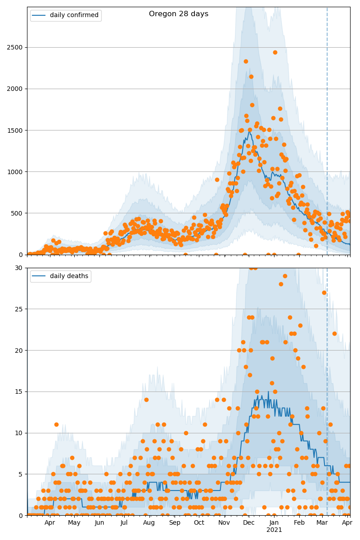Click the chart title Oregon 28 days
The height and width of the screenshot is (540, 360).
tap(179, 14)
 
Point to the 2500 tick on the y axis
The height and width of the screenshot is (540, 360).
tap(16, 47)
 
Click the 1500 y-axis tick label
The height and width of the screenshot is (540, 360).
tap(16, 130)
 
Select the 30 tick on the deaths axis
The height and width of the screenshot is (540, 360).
tap(19, 268)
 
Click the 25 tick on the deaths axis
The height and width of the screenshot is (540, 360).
tap(19, 309)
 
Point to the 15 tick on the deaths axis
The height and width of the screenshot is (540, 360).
tap(19, 391)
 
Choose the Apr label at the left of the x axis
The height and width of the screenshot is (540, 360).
tap(49, 523)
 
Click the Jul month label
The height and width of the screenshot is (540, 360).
tap(124, 523)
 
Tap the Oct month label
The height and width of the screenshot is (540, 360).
tap(199, 523)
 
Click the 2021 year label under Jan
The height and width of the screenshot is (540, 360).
tap(274, 530)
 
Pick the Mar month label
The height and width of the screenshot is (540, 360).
tap(322, 523)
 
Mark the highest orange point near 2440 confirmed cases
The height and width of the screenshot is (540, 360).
tap(275, 52)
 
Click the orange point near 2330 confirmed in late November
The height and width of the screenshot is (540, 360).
tap(246, 61)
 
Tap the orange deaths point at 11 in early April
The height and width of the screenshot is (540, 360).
tap(56, 424)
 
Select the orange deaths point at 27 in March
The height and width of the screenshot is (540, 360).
tap(324, 292)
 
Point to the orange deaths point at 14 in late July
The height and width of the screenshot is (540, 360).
tap(146, 400)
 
